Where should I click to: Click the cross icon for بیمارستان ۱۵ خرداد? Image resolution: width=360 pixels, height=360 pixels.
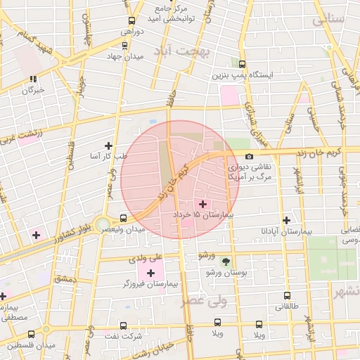pos(203,203)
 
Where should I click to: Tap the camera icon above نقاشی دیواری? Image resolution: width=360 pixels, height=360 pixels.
pos(249,156)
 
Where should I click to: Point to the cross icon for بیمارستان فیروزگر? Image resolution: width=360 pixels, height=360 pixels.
pos(150,272)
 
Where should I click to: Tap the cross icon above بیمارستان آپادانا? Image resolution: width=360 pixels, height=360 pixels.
pos(286,220)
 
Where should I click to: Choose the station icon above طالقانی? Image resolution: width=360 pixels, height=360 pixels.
pos(286,296)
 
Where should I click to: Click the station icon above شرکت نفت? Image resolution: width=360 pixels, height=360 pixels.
pos(124,326)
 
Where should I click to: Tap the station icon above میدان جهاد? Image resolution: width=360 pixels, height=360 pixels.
pos(124,45)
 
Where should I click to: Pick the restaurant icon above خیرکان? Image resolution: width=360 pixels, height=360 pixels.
pos(33,79)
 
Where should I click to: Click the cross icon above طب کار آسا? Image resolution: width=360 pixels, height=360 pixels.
pos(108,146)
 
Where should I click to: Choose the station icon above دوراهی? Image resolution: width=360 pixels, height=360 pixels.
pos(131,20)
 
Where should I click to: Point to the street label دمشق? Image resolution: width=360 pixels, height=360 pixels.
pos(64,279)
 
